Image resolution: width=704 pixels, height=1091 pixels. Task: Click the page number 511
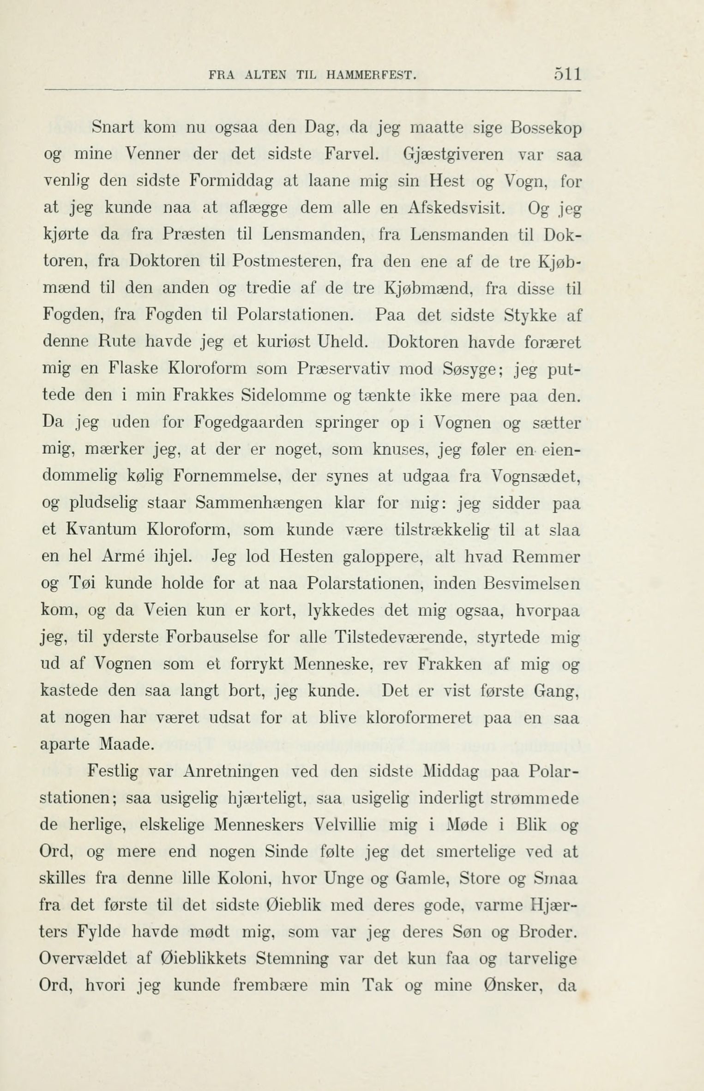tap(567, 74)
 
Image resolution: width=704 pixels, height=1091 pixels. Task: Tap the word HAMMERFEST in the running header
tap(371, 75)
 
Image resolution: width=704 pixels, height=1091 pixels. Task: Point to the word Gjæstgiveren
tap(453, 154)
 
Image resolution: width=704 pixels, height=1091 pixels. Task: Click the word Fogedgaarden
tap(249, 422)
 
